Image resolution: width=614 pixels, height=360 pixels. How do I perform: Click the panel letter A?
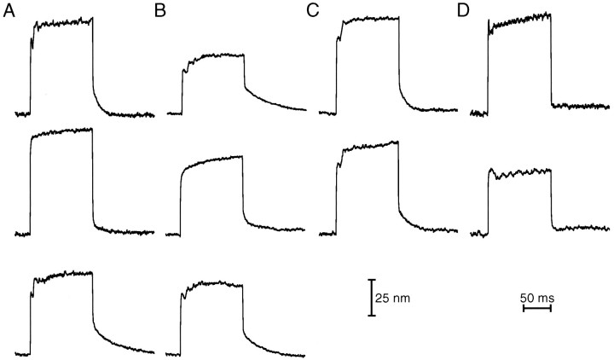click(x=9, y=10)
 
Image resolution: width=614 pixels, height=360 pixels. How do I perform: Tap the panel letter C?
click(x=314, y=10)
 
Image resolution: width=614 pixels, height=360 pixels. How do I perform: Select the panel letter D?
click(x=464, y=10)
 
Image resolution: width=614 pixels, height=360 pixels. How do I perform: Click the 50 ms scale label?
click(x=537, y=297)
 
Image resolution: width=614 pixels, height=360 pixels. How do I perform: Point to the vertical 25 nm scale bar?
click(x=371, y=297)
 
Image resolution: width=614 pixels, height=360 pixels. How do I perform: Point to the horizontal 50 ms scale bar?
click(x=537, y=309)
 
